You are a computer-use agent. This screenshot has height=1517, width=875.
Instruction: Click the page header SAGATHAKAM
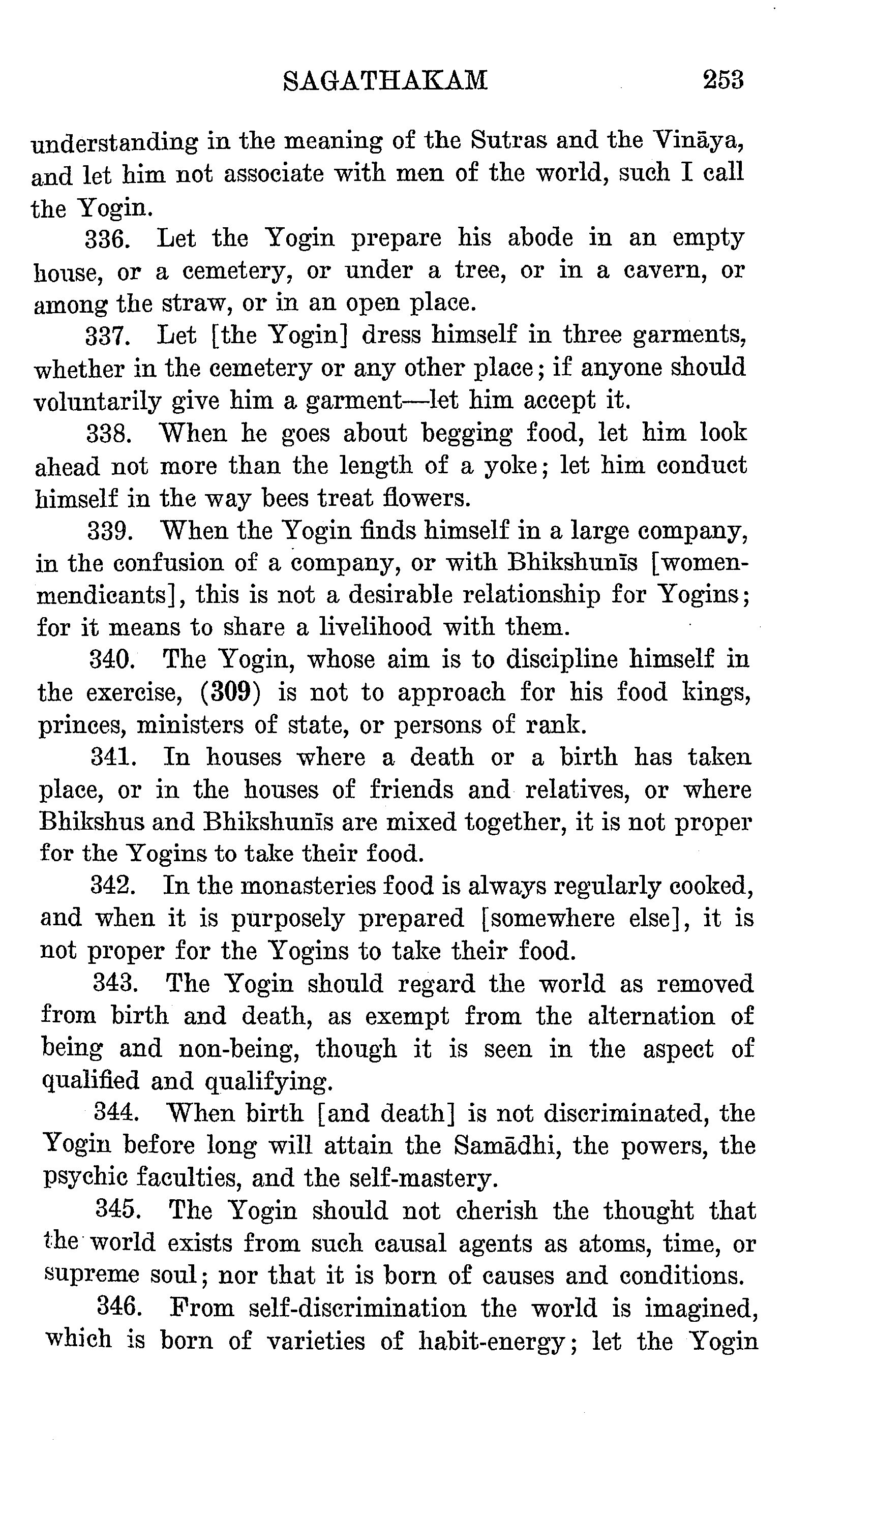[x=385, y=80]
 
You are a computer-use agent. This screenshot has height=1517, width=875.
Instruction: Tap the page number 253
[x=723, y=80]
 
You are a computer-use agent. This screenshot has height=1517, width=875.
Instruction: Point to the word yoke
[x=509, y=466]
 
